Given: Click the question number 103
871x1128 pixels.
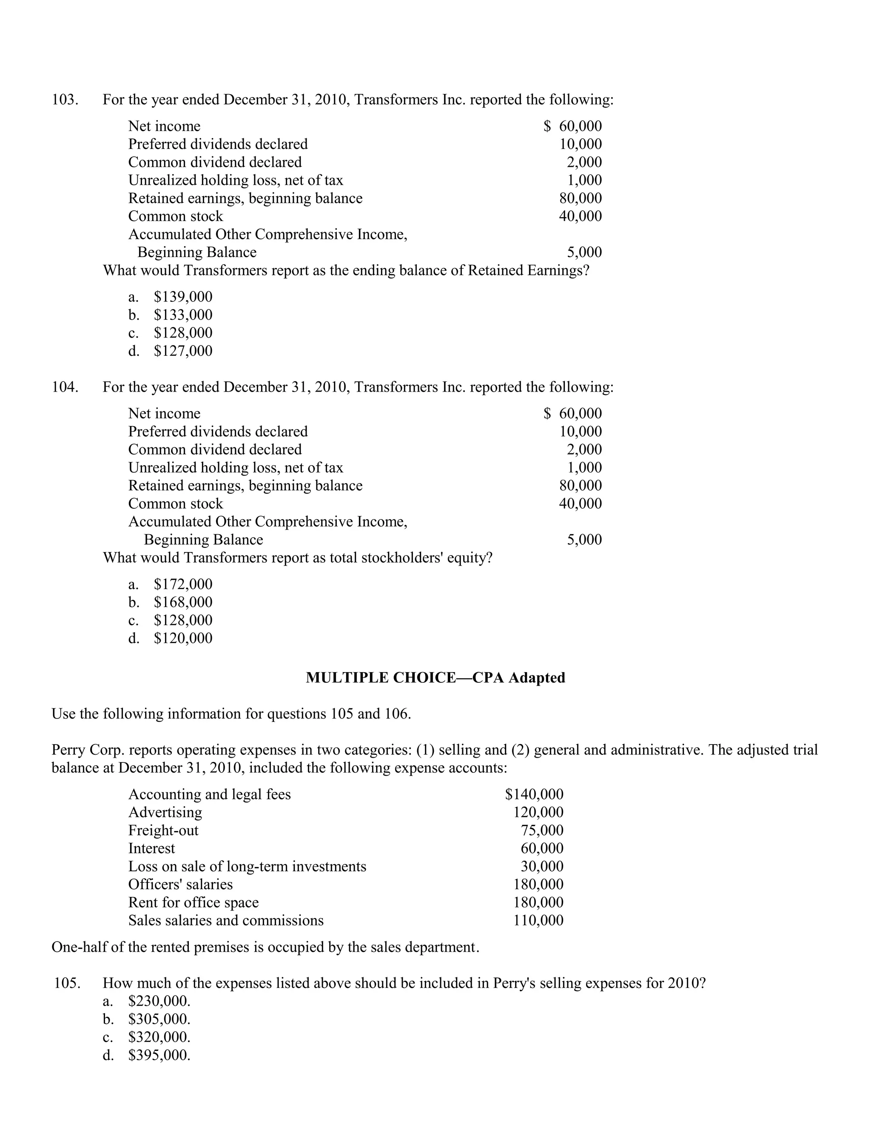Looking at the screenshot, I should click(x=65, y=99).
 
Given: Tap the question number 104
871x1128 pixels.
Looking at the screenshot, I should click(x=65, y=387).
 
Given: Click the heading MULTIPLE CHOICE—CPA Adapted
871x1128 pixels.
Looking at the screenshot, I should click(x=435, y=678).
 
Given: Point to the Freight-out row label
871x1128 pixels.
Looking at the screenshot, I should click(x=163, y=830).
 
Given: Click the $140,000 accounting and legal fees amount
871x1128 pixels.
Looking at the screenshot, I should click(x=534, y=794).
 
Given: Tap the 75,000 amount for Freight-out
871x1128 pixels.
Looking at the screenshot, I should click(x=542, y=830).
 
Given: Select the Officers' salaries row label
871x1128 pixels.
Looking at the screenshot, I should click(x=180, y=884).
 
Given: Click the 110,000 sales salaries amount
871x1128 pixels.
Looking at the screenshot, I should click(x=538, y=920).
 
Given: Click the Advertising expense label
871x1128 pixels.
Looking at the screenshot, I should click(x=165, y=813).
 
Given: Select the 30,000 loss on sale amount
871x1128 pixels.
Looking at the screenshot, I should click(x=542, y=866).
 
